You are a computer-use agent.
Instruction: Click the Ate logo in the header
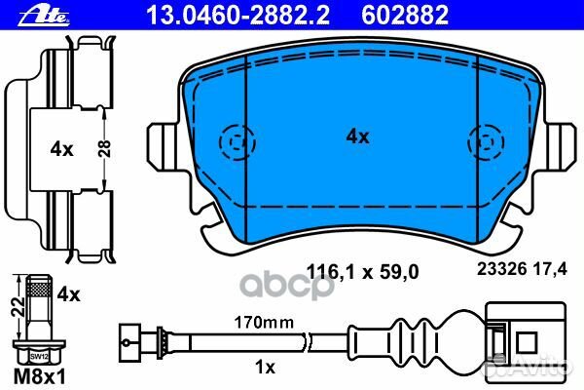click(x=44, y=17)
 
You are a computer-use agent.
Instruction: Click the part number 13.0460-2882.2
click(x=238, y=16)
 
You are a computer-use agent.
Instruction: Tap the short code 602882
click(x=405, y=16)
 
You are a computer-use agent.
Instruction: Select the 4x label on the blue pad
click(x=357, y=136)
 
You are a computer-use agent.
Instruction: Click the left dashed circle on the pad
click(x=237, y=142)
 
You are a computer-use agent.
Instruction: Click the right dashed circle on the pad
click(x=486, y=142)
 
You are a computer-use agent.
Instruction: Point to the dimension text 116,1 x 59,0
click(x=362, y=272)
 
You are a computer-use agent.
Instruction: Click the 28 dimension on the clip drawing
click(x=105, y=148)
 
